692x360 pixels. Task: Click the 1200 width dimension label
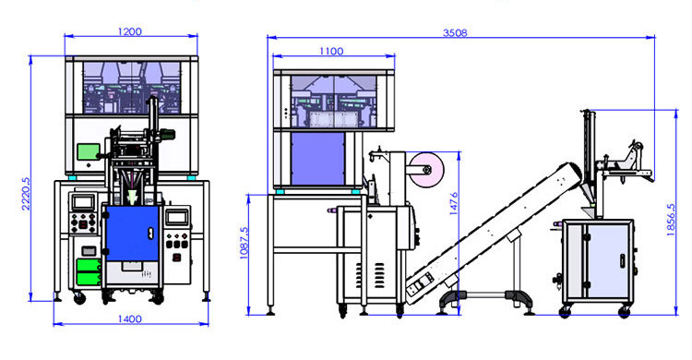click(130, 31)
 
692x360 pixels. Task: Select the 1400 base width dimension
click(130, 318)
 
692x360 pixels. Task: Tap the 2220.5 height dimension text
click(25, 194)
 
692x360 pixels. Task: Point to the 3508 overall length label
click(455, 32)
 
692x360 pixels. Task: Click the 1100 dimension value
click(331, 52)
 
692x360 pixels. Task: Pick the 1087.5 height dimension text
click(244, 243)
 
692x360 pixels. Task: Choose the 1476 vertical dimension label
click(453, 204)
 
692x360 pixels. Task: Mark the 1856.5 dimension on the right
click(671, 220)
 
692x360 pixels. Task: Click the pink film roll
click(422, 170)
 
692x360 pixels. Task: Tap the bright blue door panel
click(132, 233)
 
